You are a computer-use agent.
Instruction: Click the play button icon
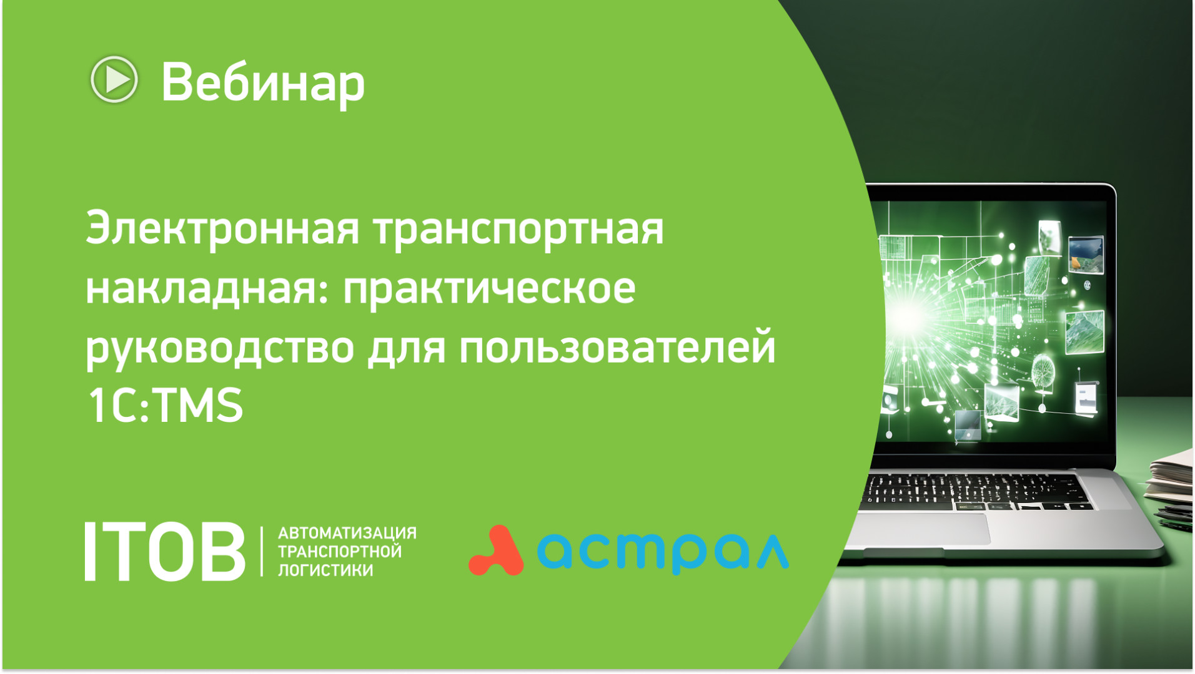point(114,80)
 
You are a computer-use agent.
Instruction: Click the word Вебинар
point(263,83)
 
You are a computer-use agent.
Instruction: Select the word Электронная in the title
point(222,228)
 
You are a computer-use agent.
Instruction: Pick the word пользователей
point(617,347)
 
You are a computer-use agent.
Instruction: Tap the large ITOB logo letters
point(165,552)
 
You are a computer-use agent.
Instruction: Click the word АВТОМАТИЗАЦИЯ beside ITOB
point(347,533)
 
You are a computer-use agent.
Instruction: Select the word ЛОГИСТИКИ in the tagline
point(325,570)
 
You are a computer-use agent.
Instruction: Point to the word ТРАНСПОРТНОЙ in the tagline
point(340,552)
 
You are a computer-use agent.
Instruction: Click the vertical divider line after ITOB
point(262,552)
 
